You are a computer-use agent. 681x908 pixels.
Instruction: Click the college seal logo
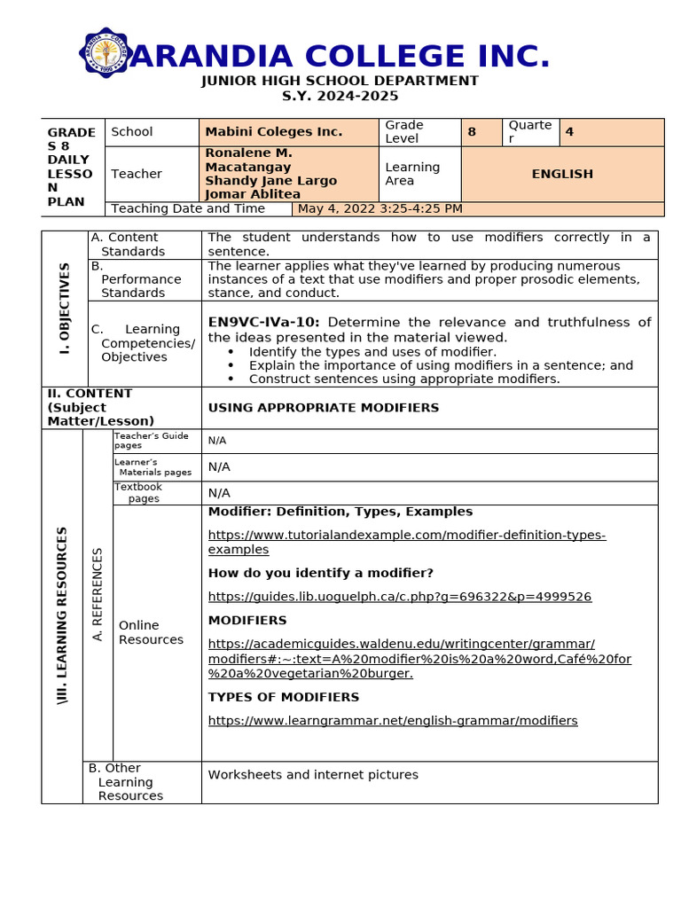coord(107,53)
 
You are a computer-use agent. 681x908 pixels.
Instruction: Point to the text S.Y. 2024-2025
coord(340,96)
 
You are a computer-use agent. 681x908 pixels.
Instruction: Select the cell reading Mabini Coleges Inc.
coord(273,132)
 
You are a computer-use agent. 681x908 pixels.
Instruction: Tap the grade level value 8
coord(472,132)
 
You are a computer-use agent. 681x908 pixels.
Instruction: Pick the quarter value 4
coord(569,132)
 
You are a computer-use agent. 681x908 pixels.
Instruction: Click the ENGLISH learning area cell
coord(562,174)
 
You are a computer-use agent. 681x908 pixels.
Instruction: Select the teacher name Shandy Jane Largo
coord(270,181)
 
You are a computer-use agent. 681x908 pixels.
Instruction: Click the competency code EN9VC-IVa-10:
coord(263,323)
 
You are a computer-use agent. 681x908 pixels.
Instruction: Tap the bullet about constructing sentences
coord(403,379)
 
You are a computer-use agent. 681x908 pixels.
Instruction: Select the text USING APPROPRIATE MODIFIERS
coord(323,408)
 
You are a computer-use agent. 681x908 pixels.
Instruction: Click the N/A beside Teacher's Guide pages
coord(216,441)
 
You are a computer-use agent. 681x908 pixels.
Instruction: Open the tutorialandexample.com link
coord(406,542)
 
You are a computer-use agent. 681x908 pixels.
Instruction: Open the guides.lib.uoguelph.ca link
coord(399,597)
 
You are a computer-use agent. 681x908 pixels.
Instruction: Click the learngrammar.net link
coord(392,721)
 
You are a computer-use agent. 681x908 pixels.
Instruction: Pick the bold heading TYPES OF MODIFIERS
coord(283,697)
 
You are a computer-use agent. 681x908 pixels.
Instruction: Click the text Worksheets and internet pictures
coord(312,775)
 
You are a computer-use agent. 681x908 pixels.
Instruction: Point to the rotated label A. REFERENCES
coord(98,594)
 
